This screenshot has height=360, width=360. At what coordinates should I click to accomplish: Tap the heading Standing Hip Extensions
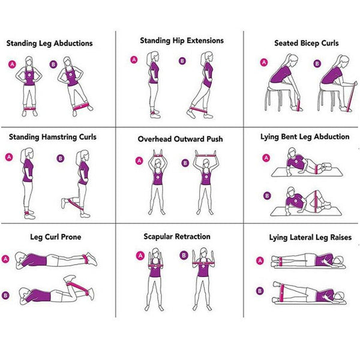tap(182, 41)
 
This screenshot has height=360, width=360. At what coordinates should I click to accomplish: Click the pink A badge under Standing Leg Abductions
tap(12, 64)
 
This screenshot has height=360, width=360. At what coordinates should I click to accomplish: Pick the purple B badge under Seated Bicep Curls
tap(317, 63)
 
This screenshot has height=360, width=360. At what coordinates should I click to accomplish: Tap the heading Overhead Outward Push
tap(180, 139)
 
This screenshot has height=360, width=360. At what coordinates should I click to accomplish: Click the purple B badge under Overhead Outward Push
tap(185, 163)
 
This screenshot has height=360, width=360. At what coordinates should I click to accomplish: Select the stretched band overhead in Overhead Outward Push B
tap(206, 155)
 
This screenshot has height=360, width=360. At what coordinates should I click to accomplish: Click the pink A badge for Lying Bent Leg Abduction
tap(266, 158)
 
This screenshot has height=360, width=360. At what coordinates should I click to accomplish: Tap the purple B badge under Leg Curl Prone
tap(5, 295)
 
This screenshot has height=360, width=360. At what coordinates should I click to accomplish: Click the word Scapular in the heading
tap(158, 237)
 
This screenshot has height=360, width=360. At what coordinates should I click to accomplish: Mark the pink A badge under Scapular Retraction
tap(140, 256)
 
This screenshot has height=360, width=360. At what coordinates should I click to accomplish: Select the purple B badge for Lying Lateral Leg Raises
tap(260, 291)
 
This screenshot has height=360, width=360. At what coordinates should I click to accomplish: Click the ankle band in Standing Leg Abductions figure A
tap(29, 108)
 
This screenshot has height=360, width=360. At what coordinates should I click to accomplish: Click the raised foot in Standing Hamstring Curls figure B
tap(64, 203)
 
